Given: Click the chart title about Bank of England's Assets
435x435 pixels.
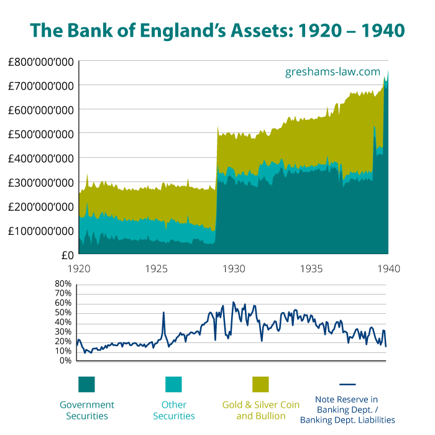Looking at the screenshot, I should coord(217,30).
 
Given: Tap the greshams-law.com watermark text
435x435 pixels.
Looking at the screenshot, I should coord(332,71).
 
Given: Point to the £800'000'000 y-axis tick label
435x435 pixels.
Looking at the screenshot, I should coord(41,62).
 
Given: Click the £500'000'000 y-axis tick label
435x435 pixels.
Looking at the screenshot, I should coord(41,134).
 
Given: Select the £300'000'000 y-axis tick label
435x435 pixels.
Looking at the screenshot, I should coord(41,183).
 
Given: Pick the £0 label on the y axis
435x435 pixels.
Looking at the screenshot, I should coord(67,255).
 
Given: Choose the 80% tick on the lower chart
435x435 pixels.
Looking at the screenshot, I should coord(64,284).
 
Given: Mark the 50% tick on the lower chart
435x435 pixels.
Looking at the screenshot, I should coord(64,313).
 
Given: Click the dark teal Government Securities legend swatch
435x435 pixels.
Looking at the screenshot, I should coord(86,384).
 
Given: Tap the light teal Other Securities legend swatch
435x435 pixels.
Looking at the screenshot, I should coord(173,384).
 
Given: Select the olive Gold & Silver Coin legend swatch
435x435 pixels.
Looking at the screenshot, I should coord(260,384).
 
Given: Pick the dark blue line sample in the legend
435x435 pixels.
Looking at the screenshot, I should coord(347,384).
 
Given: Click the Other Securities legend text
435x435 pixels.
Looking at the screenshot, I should coord(174,410).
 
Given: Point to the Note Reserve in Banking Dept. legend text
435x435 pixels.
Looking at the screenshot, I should coord(347,410).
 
